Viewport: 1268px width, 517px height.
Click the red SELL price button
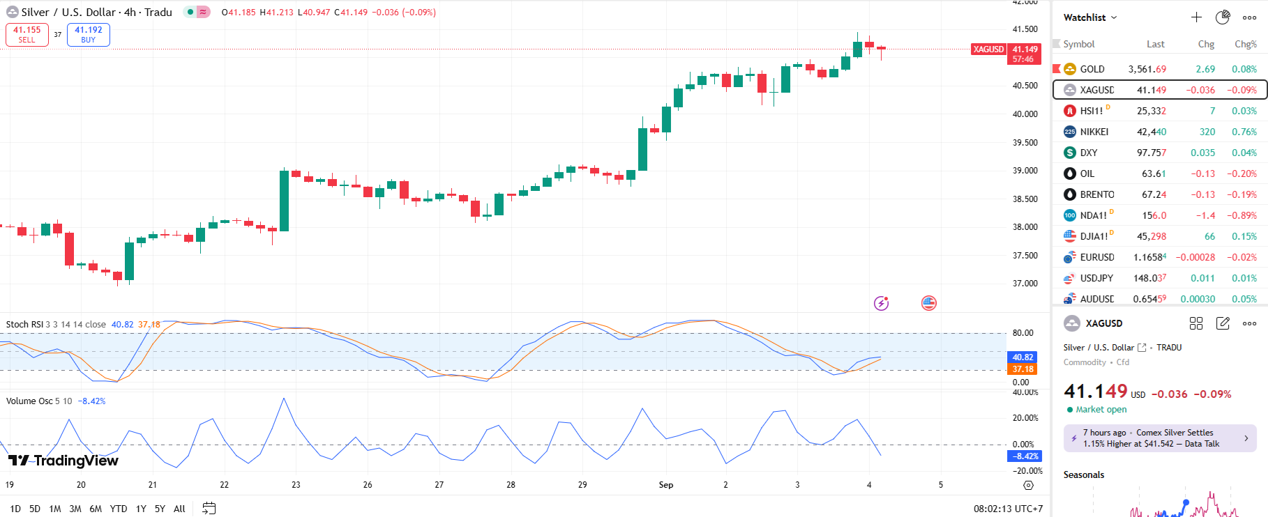click(27, 35)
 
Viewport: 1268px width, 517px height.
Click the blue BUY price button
click(89, 35)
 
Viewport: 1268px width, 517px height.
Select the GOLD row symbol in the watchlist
click(1092, 69)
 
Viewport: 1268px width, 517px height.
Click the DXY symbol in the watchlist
click(1088, 153)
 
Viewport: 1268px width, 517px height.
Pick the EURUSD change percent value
click(1242, 257)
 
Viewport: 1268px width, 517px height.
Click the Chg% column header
click(1245, 44)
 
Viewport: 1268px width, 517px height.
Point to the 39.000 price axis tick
click(1025, 171)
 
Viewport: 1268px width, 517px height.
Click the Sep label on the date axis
click(666, 485)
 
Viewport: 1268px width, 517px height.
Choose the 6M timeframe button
click(96, 509)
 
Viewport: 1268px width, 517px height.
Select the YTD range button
click(119, 509)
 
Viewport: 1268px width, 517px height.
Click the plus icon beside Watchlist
click(1196, 17)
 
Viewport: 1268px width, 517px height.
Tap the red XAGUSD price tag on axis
click(988, 49)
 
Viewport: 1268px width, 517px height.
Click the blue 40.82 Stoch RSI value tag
click(1023, 357)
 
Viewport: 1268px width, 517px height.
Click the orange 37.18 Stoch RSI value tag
click(1023, 369)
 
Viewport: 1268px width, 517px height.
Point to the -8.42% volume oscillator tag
click(1025, 456)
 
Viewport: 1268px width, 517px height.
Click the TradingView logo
click(63, 461)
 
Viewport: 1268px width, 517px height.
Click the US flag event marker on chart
click(929, 303)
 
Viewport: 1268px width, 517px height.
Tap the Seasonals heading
click(1083, 474)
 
